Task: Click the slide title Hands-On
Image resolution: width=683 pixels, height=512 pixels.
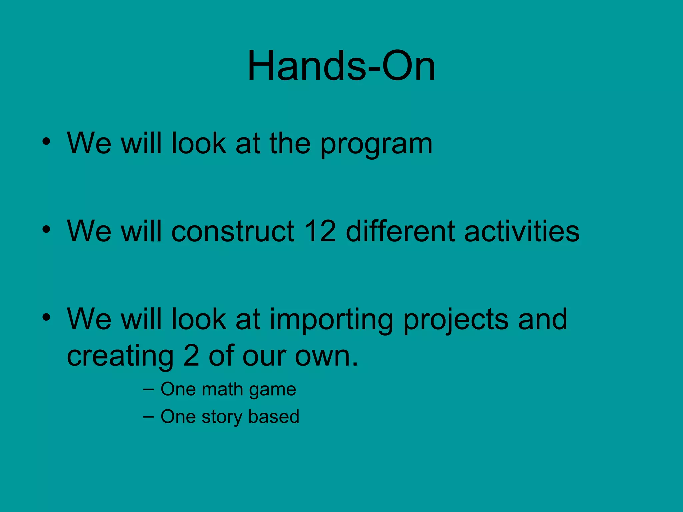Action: point(341,66)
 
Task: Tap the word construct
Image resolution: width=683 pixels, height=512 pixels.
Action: point(233,232)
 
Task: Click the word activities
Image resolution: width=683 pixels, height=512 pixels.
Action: point(522,231)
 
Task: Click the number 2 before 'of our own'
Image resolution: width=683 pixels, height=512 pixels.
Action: point(191,356)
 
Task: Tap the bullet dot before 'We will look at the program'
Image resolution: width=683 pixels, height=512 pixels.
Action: point(46,141)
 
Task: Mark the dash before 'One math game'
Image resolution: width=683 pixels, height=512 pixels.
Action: point(148,389)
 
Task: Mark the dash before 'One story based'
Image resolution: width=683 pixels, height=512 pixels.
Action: point(148,417)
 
